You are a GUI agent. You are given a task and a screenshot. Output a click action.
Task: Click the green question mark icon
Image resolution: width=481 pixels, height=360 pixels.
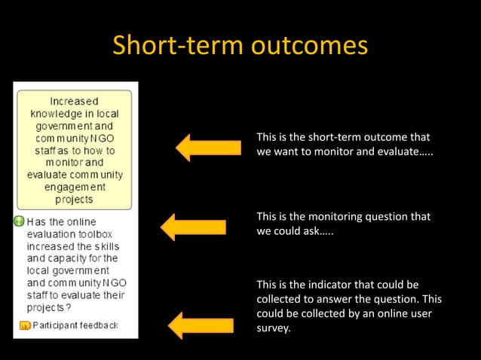[x=19, y=221]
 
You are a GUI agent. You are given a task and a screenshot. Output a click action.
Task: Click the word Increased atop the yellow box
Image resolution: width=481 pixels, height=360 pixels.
[x=74, y=101]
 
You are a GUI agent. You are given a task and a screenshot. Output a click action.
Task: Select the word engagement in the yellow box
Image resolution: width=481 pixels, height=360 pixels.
[x=75, y=188]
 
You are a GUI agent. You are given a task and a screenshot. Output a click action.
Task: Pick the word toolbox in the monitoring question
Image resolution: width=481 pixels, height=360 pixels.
[x=100, y=234]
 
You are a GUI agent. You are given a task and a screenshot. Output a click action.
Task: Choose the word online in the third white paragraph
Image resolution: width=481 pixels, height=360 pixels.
[x=394, y=313]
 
